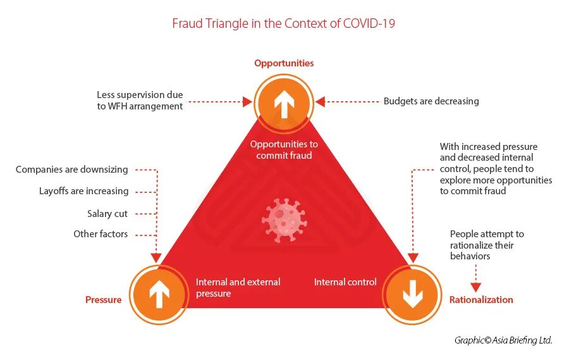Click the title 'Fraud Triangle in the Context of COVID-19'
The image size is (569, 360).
(284, 24)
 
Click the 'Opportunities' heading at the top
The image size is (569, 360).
(284, 63)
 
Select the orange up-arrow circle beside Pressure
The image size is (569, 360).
(159, 294)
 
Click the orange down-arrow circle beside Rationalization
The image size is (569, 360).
(412, 294)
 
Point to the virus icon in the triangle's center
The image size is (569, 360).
(284, 219)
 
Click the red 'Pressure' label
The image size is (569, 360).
(103, 300)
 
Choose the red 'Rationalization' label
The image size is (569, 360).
(481, 300)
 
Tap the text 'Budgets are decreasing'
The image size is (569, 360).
(431, 101)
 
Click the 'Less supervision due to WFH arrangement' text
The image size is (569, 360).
(140, 101)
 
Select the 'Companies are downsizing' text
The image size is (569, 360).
(71, 170)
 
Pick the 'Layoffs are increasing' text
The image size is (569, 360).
(83, 191)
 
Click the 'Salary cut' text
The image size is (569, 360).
(107, 214)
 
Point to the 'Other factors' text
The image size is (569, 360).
(101, 234)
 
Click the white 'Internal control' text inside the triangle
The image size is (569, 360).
(345, 282)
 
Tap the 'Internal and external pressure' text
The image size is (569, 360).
(238, 288)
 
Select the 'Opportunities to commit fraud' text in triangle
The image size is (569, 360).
(284, 150)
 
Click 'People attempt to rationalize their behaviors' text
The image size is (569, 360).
(487, 245)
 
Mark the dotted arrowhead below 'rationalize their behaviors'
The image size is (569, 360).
(476, 287)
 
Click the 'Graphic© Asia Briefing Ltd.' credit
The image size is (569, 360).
(503, 340)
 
